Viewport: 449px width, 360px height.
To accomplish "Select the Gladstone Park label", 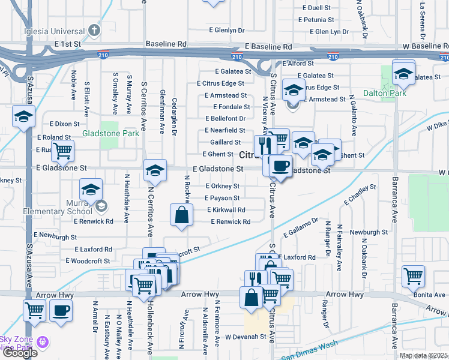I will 110,133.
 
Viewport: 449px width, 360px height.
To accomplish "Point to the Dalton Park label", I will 385,93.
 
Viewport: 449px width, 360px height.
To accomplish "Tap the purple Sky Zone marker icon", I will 41,343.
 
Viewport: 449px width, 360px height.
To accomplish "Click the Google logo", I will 20,353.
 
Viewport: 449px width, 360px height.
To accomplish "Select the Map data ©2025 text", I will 424,355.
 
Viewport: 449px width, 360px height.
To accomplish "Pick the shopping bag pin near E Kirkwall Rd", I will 182,215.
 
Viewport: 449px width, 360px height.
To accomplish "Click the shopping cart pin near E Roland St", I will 62,151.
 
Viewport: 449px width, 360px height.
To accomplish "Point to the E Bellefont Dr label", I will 225,118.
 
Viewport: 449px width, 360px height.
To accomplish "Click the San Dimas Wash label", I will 310,350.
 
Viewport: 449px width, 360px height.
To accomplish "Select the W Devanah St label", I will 246,337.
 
